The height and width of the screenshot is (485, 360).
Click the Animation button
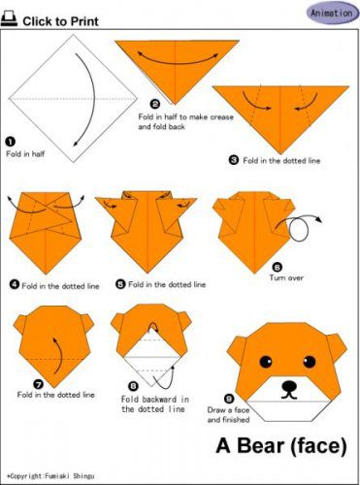[x=333, y=14]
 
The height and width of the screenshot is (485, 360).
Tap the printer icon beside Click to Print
[x=9, y=19]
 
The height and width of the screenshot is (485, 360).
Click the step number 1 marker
[x=11, y=142]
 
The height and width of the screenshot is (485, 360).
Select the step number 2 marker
[x=155, y=104]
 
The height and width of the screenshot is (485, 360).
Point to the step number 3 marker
[x=234, y=160]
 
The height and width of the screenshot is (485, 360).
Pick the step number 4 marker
[x=15, y=284]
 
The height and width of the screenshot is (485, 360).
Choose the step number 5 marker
[x=120, y=284]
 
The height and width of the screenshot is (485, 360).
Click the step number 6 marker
[x=278, y=267]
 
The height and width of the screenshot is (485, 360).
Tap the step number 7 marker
[x=38, y=384]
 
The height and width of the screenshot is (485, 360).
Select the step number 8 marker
[x=133, y=386]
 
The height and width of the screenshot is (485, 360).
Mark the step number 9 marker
[x=229, y=399]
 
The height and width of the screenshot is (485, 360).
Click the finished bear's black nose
[x=289, y=386]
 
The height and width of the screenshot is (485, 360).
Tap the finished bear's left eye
[x=266, y=362]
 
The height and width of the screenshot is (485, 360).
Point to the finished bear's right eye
[x=310, y=362]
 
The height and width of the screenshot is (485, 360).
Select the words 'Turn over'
[x=286, y=277]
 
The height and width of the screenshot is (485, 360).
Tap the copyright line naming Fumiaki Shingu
[x=50, y=476]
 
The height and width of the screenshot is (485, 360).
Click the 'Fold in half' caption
[x=25, y=154]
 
